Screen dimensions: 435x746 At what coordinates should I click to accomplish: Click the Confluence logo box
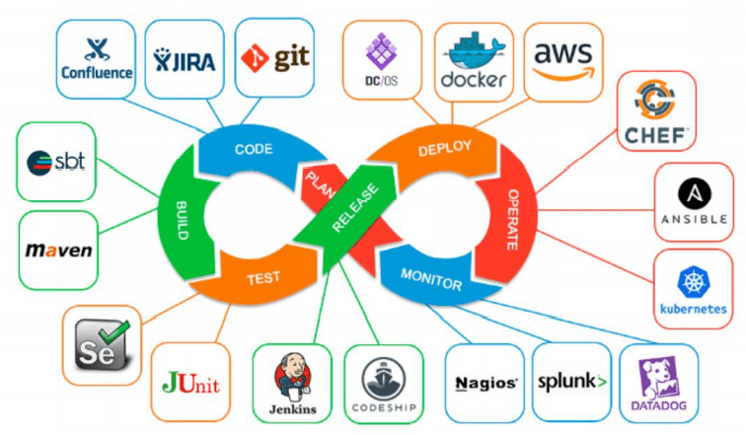(96, 58)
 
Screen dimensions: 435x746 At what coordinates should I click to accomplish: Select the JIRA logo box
(185, 57)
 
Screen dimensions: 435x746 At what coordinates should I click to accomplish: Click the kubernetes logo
(694, 286)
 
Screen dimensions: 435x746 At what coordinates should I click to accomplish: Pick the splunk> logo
(571, 381)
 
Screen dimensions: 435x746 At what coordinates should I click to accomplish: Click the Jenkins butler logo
(293, 385)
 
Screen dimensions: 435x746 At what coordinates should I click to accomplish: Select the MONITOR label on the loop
(432, 278)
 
